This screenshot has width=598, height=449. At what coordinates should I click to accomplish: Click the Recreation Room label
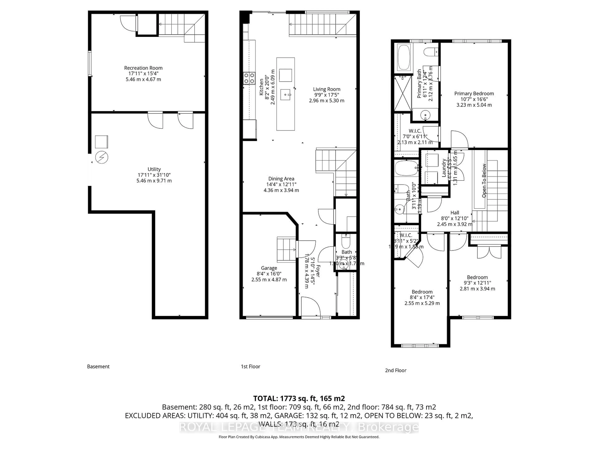pos(143,68)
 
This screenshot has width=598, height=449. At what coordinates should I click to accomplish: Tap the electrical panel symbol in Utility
pos(102,157)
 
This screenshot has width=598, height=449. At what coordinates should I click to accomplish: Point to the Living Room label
pos(327,89)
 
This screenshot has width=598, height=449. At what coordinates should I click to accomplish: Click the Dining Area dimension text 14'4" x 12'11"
pos(281,184)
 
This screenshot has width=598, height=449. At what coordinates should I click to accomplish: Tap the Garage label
pos(269,268)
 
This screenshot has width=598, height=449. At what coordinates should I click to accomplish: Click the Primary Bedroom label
pos(474,93)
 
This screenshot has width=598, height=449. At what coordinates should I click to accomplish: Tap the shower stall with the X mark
pos(403,93)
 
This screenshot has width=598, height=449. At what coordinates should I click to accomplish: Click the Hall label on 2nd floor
pos(455,213)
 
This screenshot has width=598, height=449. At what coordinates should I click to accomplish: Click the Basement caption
pos(98,367)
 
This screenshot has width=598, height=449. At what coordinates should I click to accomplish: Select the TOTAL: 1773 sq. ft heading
pos(299,398)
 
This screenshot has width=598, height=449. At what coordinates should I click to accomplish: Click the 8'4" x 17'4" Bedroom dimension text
pos(422,297)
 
